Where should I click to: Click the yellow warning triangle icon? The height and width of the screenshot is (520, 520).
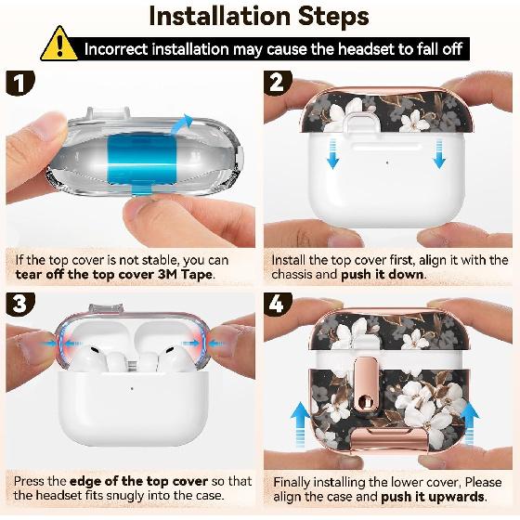(59, 45)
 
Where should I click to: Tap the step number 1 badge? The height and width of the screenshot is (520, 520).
(19, 83)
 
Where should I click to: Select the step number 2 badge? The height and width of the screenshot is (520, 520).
(278, 83)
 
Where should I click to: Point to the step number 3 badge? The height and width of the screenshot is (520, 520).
(19, 305)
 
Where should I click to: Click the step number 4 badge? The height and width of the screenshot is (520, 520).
(278, 305)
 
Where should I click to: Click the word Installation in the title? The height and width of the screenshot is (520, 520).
(220, 16)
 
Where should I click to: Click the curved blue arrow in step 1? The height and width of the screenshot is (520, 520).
(182, 124)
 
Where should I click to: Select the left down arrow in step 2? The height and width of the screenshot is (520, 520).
(332, 154)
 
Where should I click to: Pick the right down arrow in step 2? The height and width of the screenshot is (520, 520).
(439, 154)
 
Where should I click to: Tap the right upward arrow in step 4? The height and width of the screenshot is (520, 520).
(470, 422)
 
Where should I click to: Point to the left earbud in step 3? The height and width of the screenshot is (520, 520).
(89, 358)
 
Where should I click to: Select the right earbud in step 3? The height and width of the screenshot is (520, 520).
(175, 358)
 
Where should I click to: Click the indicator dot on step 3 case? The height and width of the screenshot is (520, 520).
(132, 388)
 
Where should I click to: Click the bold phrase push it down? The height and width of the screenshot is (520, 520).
(383, 275)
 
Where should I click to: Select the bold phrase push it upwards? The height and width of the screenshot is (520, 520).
(433, 497)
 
